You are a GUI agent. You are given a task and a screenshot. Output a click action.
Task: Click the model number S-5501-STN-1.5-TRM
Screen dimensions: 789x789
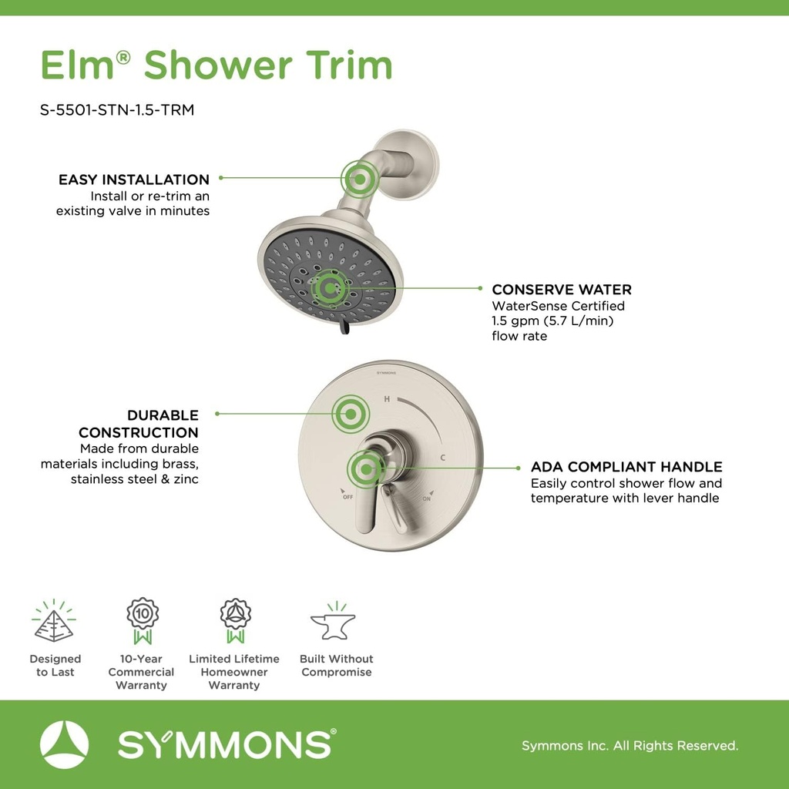(117, 110)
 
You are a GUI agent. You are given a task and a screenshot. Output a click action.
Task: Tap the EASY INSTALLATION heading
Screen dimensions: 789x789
(134, 180)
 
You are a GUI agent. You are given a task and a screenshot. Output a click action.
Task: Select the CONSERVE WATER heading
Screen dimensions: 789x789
(562, 290)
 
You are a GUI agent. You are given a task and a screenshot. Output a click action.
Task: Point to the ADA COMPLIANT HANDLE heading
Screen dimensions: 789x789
(626, 467)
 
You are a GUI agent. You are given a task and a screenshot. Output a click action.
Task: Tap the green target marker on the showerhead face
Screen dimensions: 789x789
(330, 288)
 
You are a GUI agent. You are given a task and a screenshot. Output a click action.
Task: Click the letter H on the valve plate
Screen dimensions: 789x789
(388, 399)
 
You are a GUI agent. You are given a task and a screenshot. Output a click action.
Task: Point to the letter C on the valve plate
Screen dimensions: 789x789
(443, 458)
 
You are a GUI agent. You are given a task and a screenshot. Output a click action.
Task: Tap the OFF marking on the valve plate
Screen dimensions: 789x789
(347, 496)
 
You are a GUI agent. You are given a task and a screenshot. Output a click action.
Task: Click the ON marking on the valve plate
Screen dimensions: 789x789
(427, 499)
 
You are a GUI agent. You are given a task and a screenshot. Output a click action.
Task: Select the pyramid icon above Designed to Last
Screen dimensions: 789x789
(54, 622)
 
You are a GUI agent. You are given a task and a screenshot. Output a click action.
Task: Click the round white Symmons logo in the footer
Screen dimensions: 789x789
(65, 744)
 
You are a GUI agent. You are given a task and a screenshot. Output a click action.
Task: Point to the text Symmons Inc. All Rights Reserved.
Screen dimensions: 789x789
(630, 746)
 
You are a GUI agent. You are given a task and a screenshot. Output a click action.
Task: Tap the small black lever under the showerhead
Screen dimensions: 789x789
(344, 329)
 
